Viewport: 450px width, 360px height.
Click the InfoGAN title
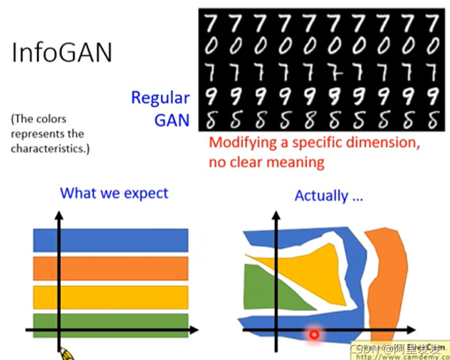coord(62,52)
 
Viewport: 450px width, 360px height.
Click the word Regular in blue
coord(160,98)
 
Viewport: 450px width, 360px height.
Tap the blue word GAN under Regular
coord(172,120)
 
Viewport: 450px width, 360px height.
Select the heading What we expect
coord(114,193)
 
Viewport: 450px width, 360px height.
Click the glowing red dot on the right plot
coord(314,334)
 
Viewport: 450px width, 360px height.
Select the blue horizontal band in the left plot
coord(111,240)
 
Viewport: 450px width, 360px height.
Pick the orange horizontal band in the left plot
coord(111,268)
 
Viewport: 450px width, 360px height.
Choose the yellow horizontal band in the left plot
coord(111,297)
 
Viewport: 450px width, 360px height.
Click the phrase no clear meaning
coord(266,162)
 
